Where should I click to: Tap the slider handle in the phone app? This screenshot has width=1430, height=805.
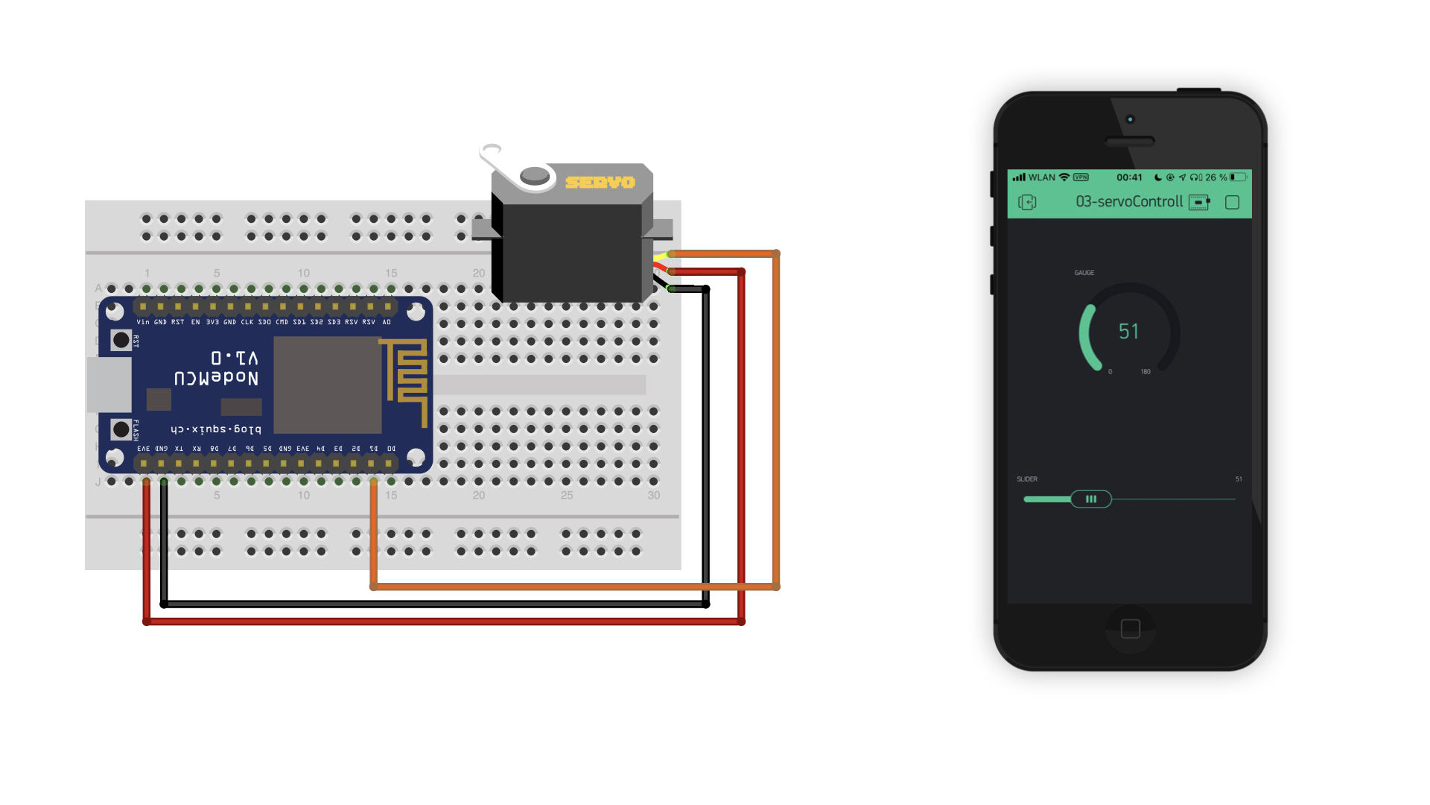pyautogui.click(x=1091, y=499)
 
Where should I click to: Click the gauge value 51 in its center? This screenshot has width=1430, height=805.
pyautogui.click(x=1128, y=332)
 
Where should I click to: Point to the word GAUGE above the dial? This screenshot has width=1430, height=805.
pyautogui.click(x=1084, y=273)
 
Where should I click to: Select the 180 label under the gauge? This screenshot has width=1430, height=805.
pyautogui.click(x=1145, y=372)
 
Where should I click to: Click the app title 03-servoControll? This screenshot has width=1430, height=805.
pyautogui.click(x=1129, y=202)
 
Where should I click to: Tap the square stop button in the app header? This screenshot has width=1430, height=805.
pyautogui.click(x=1232, y=203)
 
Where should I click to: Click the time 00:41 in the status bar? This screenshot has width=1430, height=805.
pyautogui.click(x=1129, y=177)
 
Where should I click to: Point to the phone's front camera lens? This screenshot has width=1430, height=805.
pyautogui.click(x=1130, y=119)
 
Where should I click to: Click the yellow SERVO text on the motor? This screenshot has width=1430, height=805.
pyautogui.click(x=600, y=183)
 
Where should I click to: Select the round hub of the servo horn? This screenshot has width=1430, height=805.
pyautogui.click(x=534, y=176)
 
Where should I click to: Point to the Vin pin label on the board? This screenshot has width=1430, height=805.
pyautogui.click(x=143, y=322)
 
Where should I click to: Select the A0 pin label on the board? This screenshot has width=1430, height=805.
pyautogui.click(x=387, y=322)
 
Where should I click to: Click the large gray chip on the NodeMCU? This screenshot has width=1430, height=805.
pyautogui.click(x=328, y=385)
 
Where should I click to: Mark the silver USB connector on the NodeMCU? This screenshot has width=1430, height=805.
pyautogui.click(x=109, y=385)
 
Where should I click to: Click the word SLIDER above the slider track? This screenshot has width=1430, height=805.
pyautogui.click(x=1027, y=479)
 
